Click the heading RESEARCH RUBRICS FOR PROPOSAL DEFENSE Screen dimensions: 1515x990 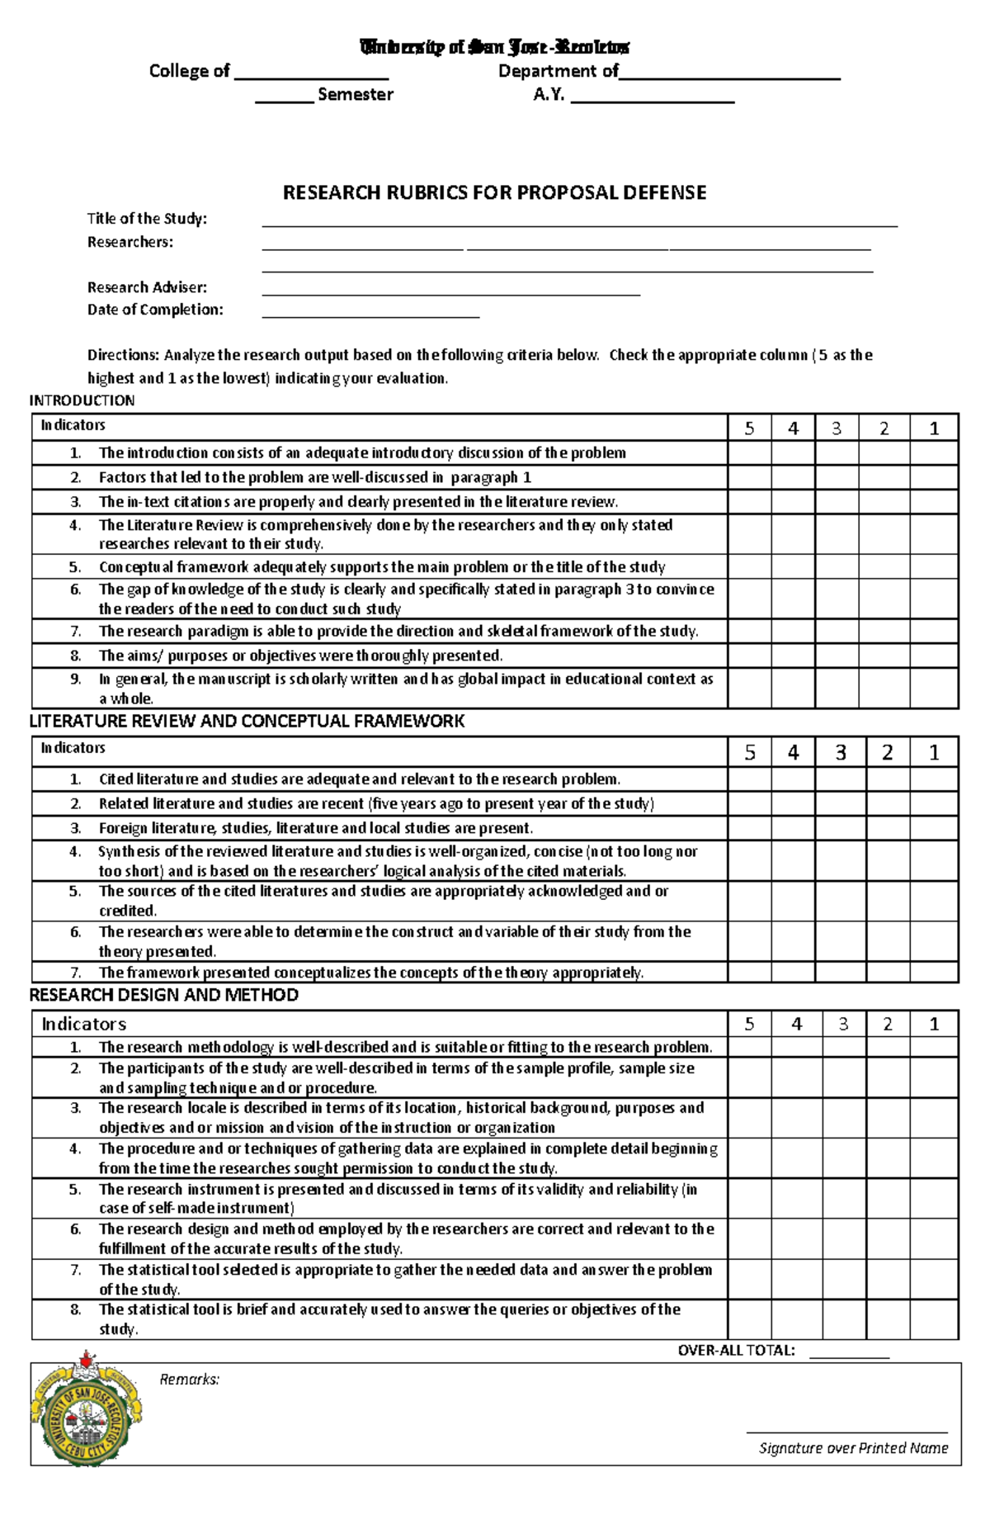click(x=494, y=193)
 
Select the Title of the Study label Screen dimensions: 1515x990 click(x=147, y=219)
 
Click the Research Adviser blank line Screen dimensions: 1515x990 click(x=450, y=291)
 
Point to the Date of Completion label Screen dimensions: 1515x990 click(x=155, y=310)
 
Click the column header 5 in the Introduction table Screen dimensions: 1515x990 click(x=749, y=428)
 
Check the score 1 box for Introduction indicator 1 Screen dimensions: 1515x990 click(x=934, y=453)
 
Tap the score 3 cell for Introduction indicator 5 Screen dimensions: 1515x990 click(x=837, y=567)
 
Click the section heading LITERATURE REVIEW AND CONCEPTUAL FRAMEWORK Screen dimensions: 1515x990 click(x=247, y=722)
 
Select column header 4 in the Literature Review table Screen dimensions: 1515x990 click(x=793, y=752)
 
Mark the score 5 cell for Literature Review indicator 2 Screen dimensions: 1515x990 click(x=749, y=804)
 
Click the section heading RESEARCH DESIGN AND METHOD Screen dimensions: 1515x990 click(x=163, y=995)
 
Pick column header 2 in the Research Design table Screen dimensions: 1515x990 click(x=888, y=1025)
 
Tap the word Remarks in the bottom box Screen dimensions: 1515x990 click(x=189, y=1380)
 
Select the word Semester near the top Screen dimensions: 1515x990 click(x=355, y=95)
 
